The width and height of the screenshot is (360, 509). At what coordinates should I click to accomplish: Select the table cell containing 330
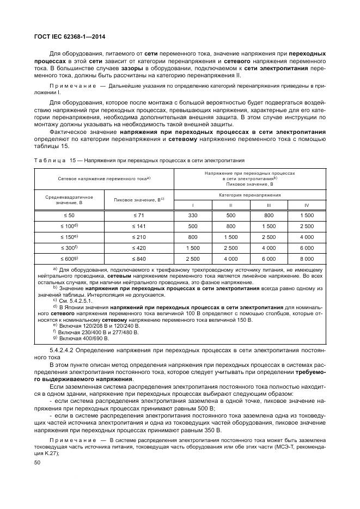(192, 216)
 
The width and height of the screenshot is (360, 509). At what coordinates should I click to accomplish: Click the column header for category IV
(307, 205)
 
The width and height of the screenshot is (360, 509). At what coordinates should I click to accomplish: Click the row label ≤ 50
(69, 216)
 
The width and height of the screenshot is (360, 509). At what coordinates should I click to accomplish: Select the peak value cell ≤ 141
(138, 226)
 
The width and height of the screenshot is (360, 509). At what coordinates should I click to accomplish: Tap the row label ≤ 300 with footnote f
(69, 247)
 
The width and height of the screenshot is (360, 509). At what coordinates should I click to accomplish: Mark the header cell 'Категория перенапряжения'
(250, 194)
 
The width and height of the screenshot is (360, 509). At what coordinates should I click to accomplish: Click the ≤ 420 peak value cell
(138, 247)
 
